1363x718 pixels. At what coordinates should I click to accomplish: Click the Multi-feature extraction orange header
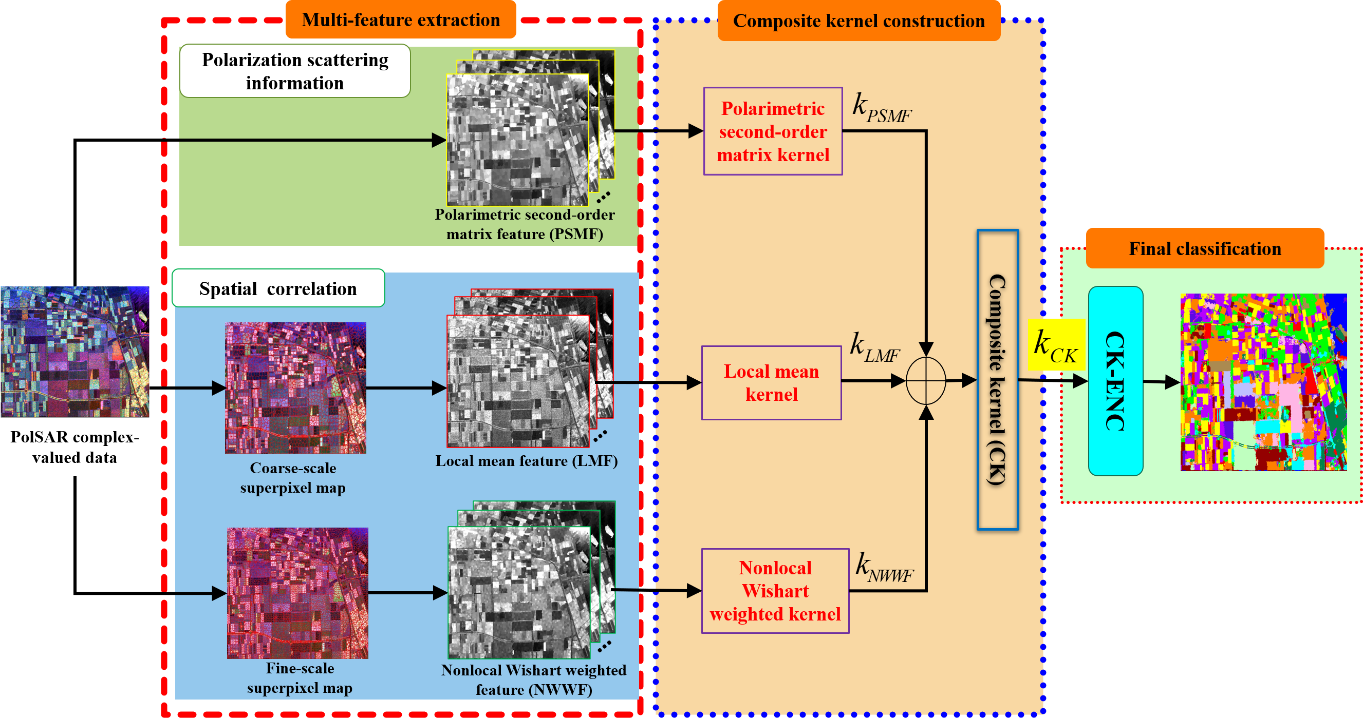click(401, 20)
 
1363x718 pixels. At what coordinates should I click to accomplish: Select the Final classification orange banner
click(1204, 248)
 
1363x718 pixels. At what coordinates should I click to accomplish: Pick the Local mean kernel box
click(771, 383)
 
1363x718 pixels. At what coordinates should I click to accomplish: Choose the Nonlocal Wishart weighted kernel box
click(775, 591)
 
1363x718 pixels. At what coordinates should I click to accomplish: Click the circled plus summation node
click(925, 381)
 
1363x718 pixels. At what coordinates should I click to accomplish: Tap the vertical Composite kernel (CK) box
click(997, 380)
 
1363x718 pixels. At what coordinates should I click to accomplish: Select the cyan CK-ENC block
click(1115, 381)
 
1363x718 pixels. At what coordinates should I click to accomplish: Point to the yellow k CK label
click(1056, 345)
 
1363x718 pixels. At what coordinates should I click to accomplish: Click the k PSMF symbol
click(881, 108)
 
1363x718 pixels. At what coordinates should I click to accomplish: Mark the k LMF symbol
click(873, 348)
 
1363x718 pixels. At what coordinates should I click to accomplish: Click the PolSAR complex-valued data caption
click(74, 447)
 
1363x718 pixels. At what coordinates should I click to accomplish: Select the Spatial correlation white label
click(278, 288)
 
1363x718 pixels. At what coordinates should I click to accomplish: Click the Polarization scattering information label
click(295, 71)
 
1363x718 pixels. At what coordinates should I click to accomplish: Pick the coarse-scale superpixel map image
click(295, 387)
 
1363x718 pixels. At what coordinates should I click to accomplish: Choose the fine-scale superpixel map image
click(297, 593)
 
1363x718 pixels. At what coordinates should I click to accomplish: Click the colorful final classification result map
click(1263, 382)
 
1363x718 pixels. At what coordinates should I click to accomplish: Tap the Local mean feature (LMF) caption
click(526, 461)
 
